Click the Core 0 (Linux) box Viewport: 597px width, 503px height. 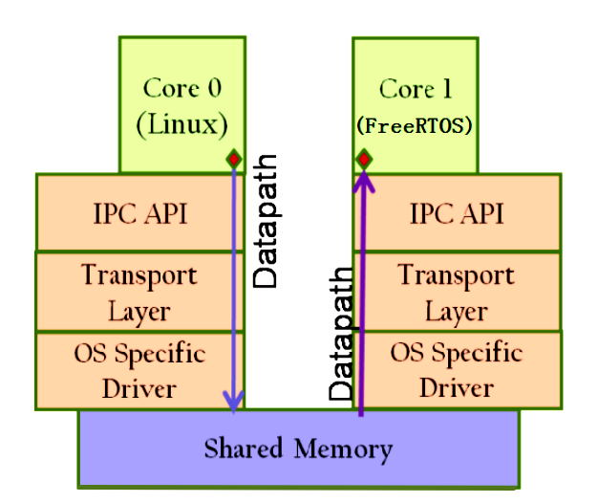(x=181, y=105)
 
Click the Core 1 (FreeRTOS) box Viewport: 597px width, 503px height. (x=415, y=105)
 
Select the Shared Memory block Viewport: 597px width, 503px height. (x=298, y=448)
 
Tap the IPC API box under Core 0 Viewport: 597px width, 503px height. (x=139, y=212)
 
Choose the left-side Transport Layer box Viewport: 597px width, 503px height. (x=139, y=292)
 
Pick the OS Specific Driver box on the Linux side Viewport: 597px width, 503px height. (x=139, y=371)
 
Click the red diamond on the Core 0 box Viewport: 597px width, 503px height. (x=232, y=159)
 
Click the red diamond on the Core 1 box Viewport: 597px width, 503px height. (x=363, y=159)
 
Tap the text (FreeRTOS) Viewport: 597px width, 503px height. (x=415, y=126)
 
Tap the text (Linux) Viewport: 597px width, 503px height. (x=182, y=125)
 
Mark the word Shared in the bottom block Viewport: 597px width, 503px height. (x=243, y=448)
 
